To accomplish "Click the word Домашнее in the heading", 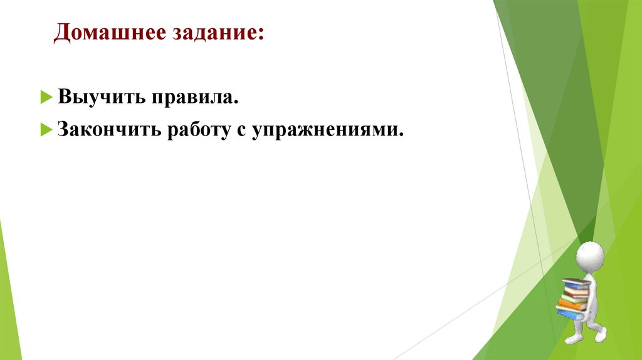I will (x=106, y=33).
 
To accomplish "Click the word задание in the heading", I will (x=210, y=33).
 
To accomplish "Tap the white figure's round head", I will (x=590, y=256).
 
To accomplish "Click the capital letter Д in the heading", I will (x=61, y=33).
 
